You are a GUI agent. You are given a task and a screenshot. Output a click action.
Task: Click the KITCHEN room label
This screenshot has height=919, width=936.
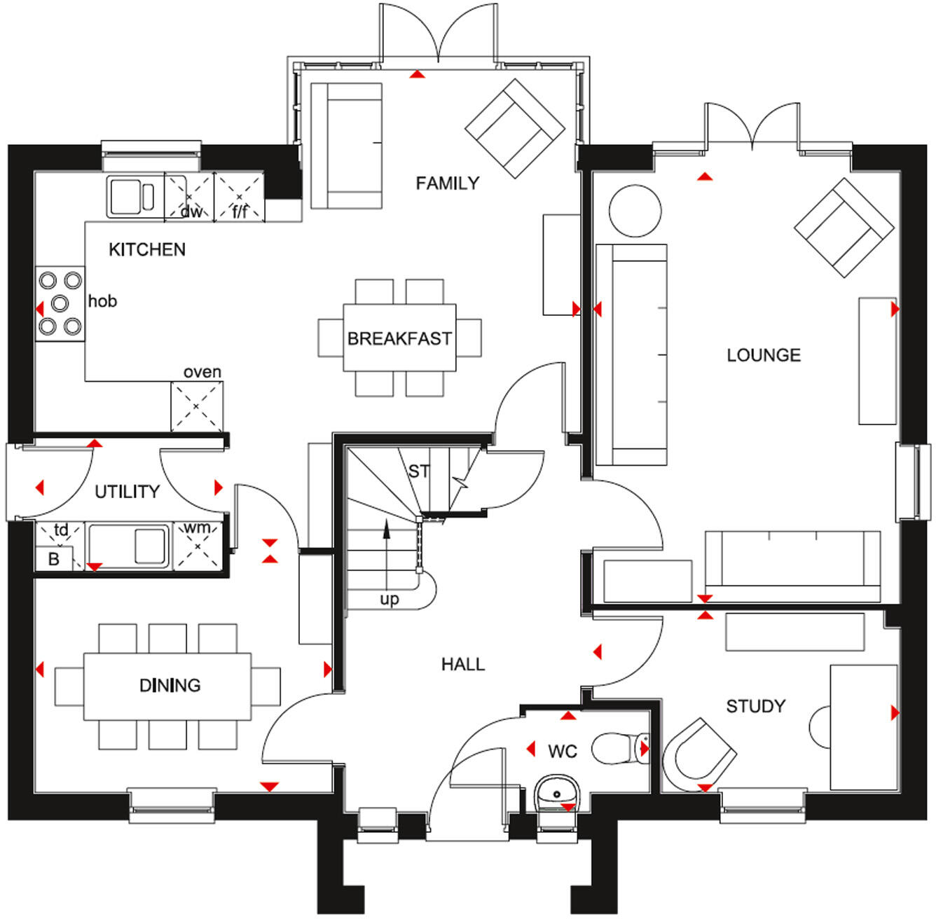tap(147, 249)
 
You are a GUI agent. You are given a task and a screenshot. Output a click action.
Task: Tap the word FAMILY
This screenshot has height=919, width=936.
tap(447, 184)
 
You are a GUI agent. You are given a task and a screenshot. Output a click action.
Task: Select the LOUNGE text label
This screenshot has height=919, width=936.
tap(763, 355)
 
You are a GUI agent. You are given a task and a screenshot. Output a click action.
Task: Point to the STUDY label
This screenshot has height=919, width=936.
tap(755, 706)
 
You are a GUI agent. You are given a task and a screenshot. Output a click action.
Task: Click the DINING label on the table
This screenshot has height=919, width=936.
tap(170, 685)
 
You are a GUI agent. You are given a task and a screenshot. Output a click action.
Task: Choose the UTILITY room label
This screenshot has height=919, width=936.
tap(127, 492)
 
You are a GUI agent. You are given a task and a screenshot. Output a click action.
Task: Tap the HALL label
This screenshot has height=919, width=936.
tap(462, 664)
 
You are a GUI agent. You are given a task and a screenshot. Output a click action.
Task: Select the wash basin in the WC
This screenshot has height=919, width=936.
tap(556, 794)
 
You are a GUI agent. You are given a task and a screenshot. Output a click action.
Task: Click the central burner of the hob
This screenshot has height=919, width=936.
tap(60, 303)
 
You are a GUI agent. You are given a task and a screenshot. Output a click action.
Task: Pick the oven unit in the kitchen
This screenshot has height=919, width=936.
tap(197, 406)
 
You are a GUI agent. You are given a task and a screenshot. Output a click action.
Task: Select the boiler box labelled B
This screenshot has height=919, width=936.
tap(53, 559)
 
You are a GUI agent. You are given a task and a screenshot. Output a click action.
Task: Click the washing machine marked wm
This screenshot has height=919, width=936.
tap(198, 544)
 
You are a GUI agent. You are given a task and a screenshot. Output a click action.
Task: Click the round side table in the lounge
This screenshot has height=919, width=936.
tap(635, 211)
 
